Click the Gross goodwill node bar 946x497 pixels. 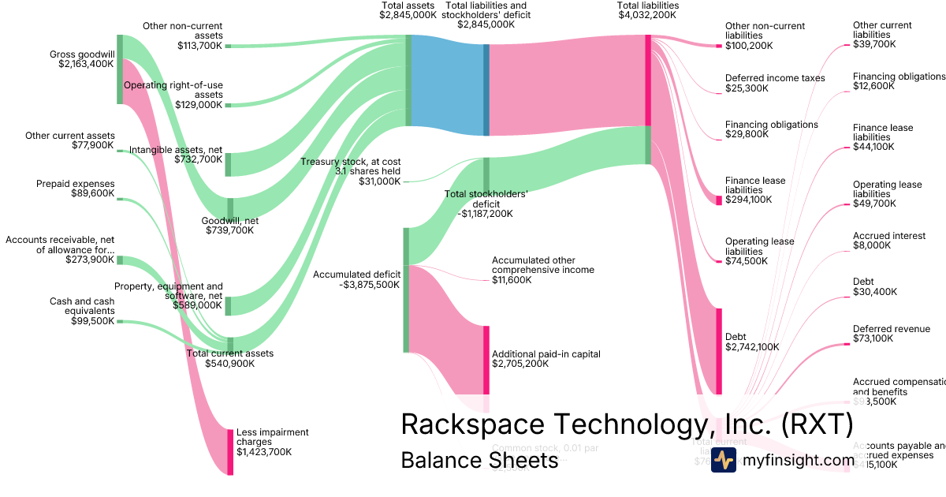[120, 69]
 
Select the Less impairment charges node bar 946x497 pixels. [230, 452]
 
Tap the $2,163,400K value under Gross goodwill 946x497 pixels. [86, 64]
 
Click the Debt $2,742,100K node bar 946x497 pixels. [719, 351]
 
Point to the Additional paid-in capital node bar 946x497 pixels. [486, 359]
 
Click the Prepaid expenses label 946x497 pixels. [75, 184]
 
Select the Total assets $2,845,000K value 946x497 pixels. [408, 15]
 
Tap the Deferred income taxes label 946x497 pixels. [775, 78]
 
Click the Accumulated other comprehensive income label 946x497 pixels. [543, 264]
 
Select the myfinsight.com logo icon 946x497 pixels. [724, 461]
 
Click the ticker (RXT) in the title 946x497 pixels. [816, 424]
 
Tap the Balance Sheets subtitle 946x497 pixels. [479, 460]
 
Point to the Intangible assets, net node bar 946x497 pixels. [229, 164]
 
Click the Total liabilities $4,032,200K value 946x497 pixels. [648, 15]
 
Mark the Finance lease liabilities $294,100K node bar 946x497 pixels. [719, 200]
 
